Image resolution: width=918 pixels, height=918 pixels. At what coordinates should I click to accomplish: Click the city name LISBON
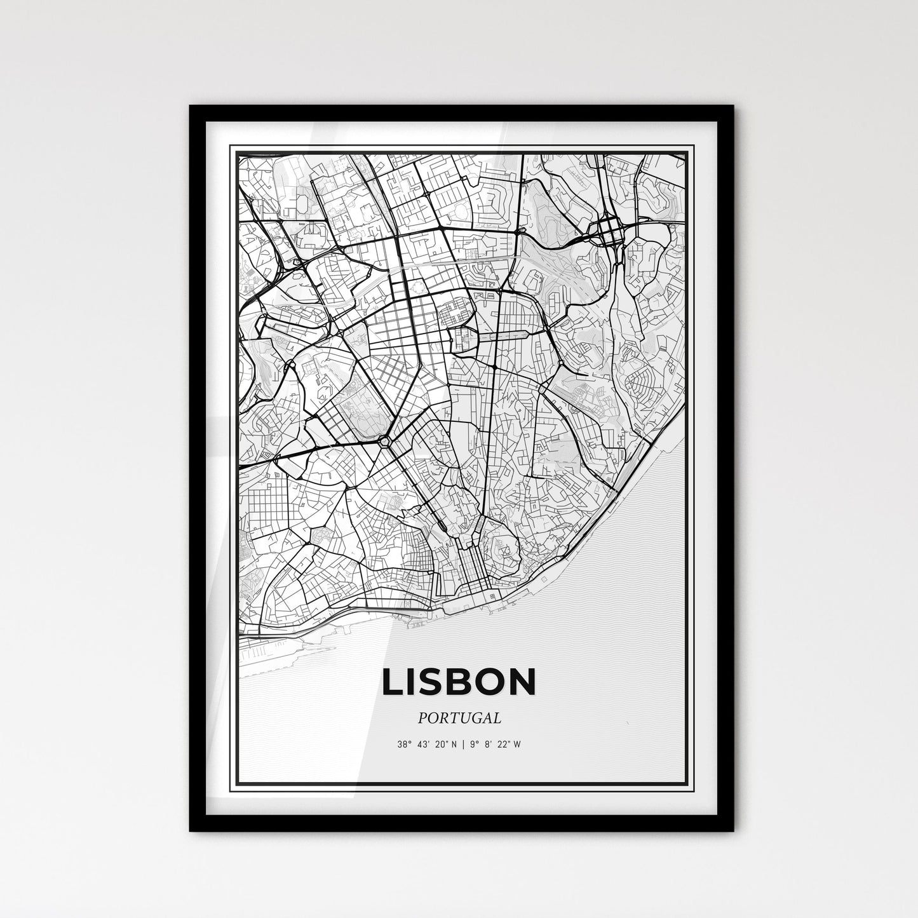pyautogui.click(x=459, y=682)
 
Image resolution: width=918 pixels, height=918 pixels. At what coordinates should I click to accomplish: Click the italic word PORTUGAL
pyautogui.click(x=459, y=718)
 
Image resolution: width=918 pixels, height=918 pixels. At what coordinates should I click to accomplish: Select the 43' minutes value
pyautogui.click(x=422, y=744)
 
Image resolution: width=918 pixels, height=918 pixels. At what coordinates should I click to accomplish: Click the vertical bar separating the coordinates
pyautogui.click(x=463, y=744)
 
